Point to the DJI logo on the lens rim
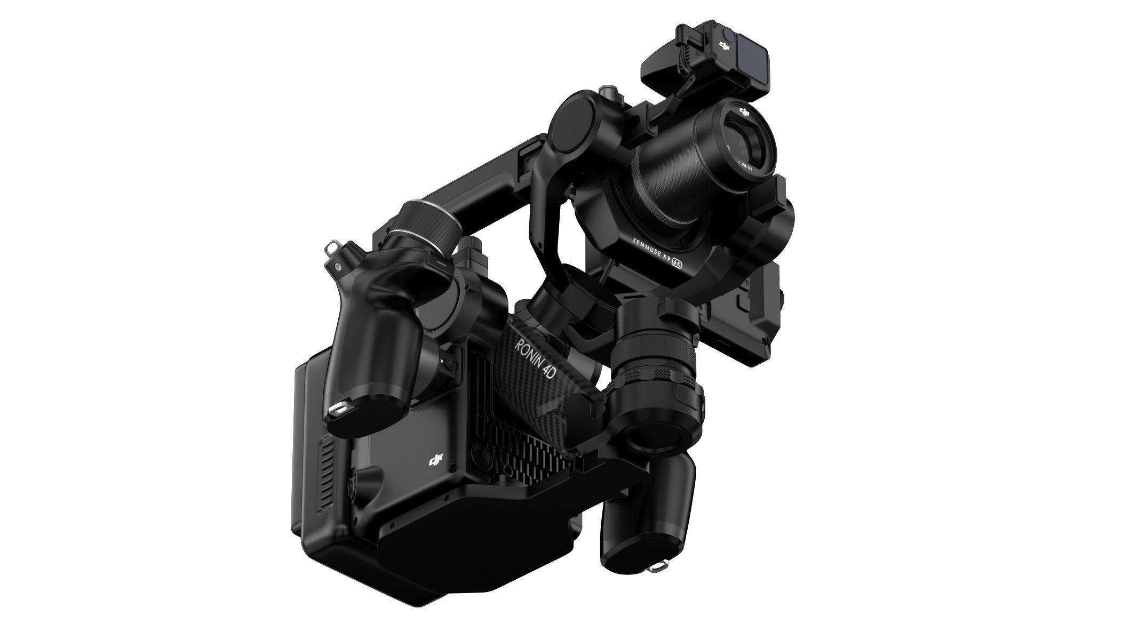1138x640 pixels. tap(745, 111)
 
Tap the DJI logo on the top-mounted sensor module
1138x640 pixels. tap(724, 47)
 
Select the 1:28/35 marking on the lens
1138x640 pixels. tap(745, 165)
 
